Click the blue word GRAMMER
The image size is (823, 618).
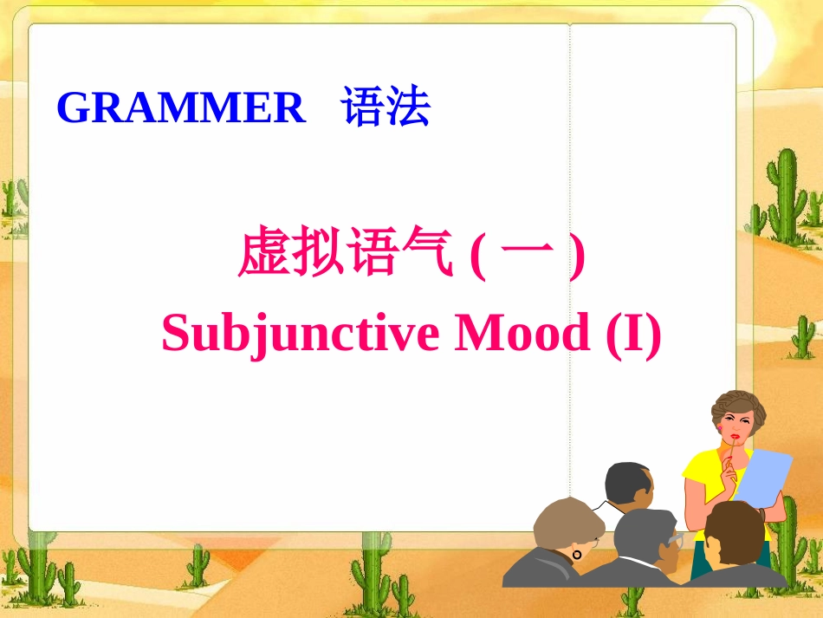point(181,109)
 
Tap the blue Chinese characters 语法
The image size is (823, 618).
point(386,109)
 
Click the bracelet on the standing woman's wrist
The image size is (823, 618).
point(761,512)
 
